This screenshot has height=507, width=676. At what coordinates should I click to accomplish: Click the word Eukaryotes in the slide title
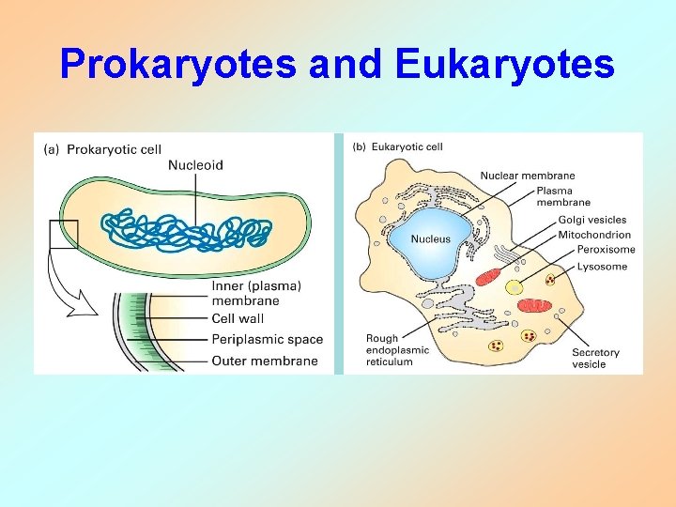505,65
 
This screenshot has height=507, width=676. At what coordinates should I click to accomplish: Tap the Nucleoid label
195,165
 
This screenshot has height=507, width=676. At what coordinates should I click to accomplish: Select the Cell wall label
238,319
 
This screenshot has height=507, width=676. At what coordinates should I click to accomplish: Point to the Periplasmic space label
267,340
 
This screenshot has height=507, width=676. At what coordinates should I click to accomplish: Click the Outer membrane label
264,361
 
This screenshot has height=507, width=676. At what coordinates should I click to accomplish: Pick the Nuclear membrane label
528,176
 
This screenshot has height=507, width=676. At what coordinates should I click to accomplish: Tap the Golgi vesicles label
592,220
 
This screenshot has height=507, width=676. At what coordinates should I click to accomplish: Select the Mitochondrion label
594,235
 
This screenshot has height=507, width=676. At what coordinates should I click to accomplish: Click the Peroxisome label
606,250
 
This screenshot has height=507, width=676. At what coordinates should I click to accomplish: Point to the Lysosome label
602,267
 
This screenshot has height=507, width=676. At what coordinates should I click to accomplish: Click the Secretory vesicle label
595,359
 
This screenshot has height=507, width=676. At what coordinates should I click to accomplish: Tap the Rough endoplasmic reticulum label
397,350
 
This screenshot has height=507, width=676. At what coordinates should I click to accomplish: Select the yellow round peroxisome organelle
515,288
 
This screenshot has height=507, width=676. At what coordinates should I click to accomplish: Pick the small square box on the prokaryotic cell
64,233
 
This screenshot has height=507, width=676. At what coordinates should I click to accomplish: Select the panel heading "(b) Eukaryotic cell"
398,146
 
